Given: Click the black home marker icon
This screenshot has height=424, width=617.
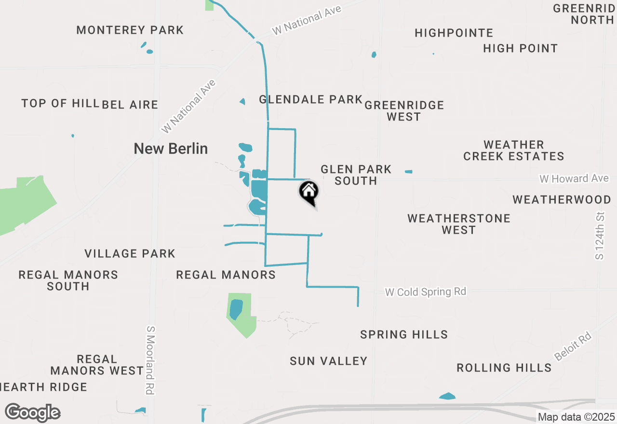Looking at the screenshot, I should pyautogui.click(x=309, y=192).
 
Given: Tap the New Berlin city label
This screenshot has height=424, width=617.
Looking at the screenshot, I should pyautogui.click(x=171, y=148).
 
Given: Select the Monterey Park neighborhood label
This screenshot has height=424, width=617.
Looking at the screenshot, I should pyautogui.click(x=130, y=30).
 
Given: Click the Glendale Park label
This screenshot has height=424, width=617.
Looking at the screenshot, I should pyautogui.click(x=310, y=99).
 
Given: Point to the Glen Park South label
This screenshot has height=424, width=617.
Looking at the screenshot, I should pyautogui.click(x=356, y=175).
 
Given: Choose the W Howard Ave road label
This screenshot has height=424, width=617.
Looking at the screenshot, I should pyautogui.click(x=574, y=179).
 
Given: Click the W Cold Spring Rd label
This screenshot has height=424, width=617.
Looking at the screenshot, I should pyautogui.click(x=425, y=292).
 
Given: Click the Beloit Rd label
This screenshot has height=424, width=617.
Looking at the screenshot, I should pyautogui.click(x=573, y=347).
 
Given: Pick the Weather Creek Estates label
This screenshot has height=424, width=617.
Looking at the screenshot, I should pyautogui.click(x=513, y=150).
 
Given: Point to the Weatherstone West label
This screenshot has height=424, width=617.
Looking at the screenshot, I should pyautogui.click(x=458, y=224).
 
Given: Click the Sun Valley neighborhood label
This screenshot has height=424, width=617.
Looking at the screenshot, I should pyautogui.click(x=328, y=361).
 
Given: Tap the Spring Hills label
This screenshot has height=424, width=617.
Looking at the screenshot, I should pyautogui.click(x=404, y=334).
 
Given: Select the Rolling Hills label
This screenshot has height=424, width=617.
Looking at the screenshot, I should pyautogui.click(x=504, y=368).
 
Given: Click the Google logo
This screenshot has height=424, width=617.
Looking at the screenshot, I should pyautogui.click(x=33, y=412).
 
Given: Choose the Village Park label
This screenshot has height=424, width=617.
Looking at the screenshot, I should pyautogui.click(x=130, y=253).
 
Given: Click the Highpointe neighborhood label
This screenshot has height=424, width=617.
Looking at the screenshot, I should pyautogui.click(x=454, y=33).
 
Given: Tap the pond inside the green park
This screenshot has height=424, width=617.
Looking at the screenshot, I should pyautogui.click(x=236, y=309).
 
